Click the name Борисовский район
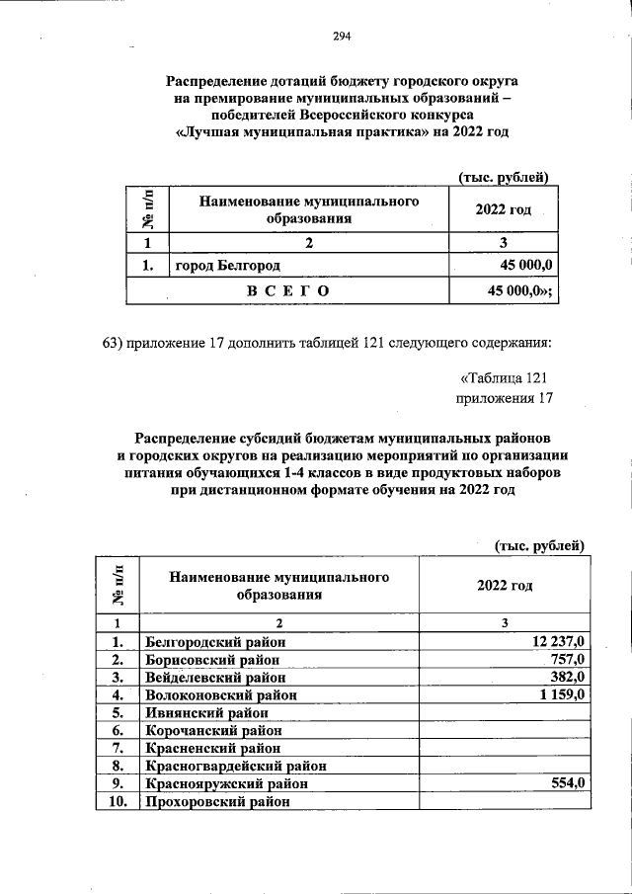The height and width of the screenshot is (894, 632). click(211, 659)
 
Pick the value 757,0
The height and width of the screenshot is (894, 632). click(569, 659)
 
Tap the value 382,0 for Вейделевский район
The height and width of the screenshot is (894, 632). click(569, 677)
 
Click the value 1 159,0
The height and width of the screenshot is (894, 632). click(562, 694)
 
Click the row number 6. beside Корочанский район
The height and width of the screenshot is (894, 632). click(117, 730)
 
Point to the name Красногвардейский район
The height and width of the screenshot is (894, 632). click(236, 766)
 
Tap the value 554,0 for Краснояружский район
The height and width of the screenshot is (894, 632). click(569, 783)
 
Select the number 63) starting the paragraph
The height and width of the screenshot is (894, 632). click(116, 343)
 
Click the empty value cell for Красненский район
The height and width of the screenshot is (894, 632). click(505, 748)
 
